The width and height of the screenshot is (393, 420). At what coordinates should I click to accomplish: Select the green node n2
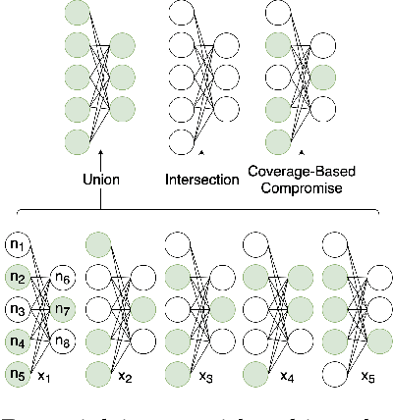click(18, 278)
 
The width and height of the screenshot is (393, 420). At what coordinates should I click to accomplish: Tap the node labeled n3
click(18, 310)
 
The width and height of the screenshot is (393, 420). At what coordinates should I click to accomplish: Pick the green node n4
click(18, 342)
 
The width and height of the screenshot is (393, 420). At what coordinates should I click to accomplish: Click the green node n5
click(18, 374)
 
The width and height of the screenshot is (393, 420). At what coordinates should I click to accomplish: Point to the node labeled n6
click(62, 278)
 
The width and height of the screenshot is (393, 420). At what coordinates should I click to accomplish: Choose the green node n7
click(62, 310)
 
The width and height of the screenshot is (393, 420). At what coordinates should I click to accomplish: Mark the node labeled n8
click(62, 342)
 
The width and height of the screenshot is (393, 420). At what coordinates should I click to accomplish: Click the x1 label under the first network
click(43, 377)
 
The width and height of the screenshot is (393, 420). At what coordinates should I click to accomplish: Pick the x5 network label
click(365, 377)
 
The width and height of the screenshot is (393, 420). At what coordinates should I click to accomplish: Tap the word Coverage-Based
click(301, 170)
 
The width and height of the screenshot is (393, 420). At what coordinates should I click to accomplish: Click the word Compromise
click(301, 186)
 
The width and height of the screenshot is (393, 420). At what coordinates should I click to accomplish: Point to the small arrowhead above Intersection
click(199, 153)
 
